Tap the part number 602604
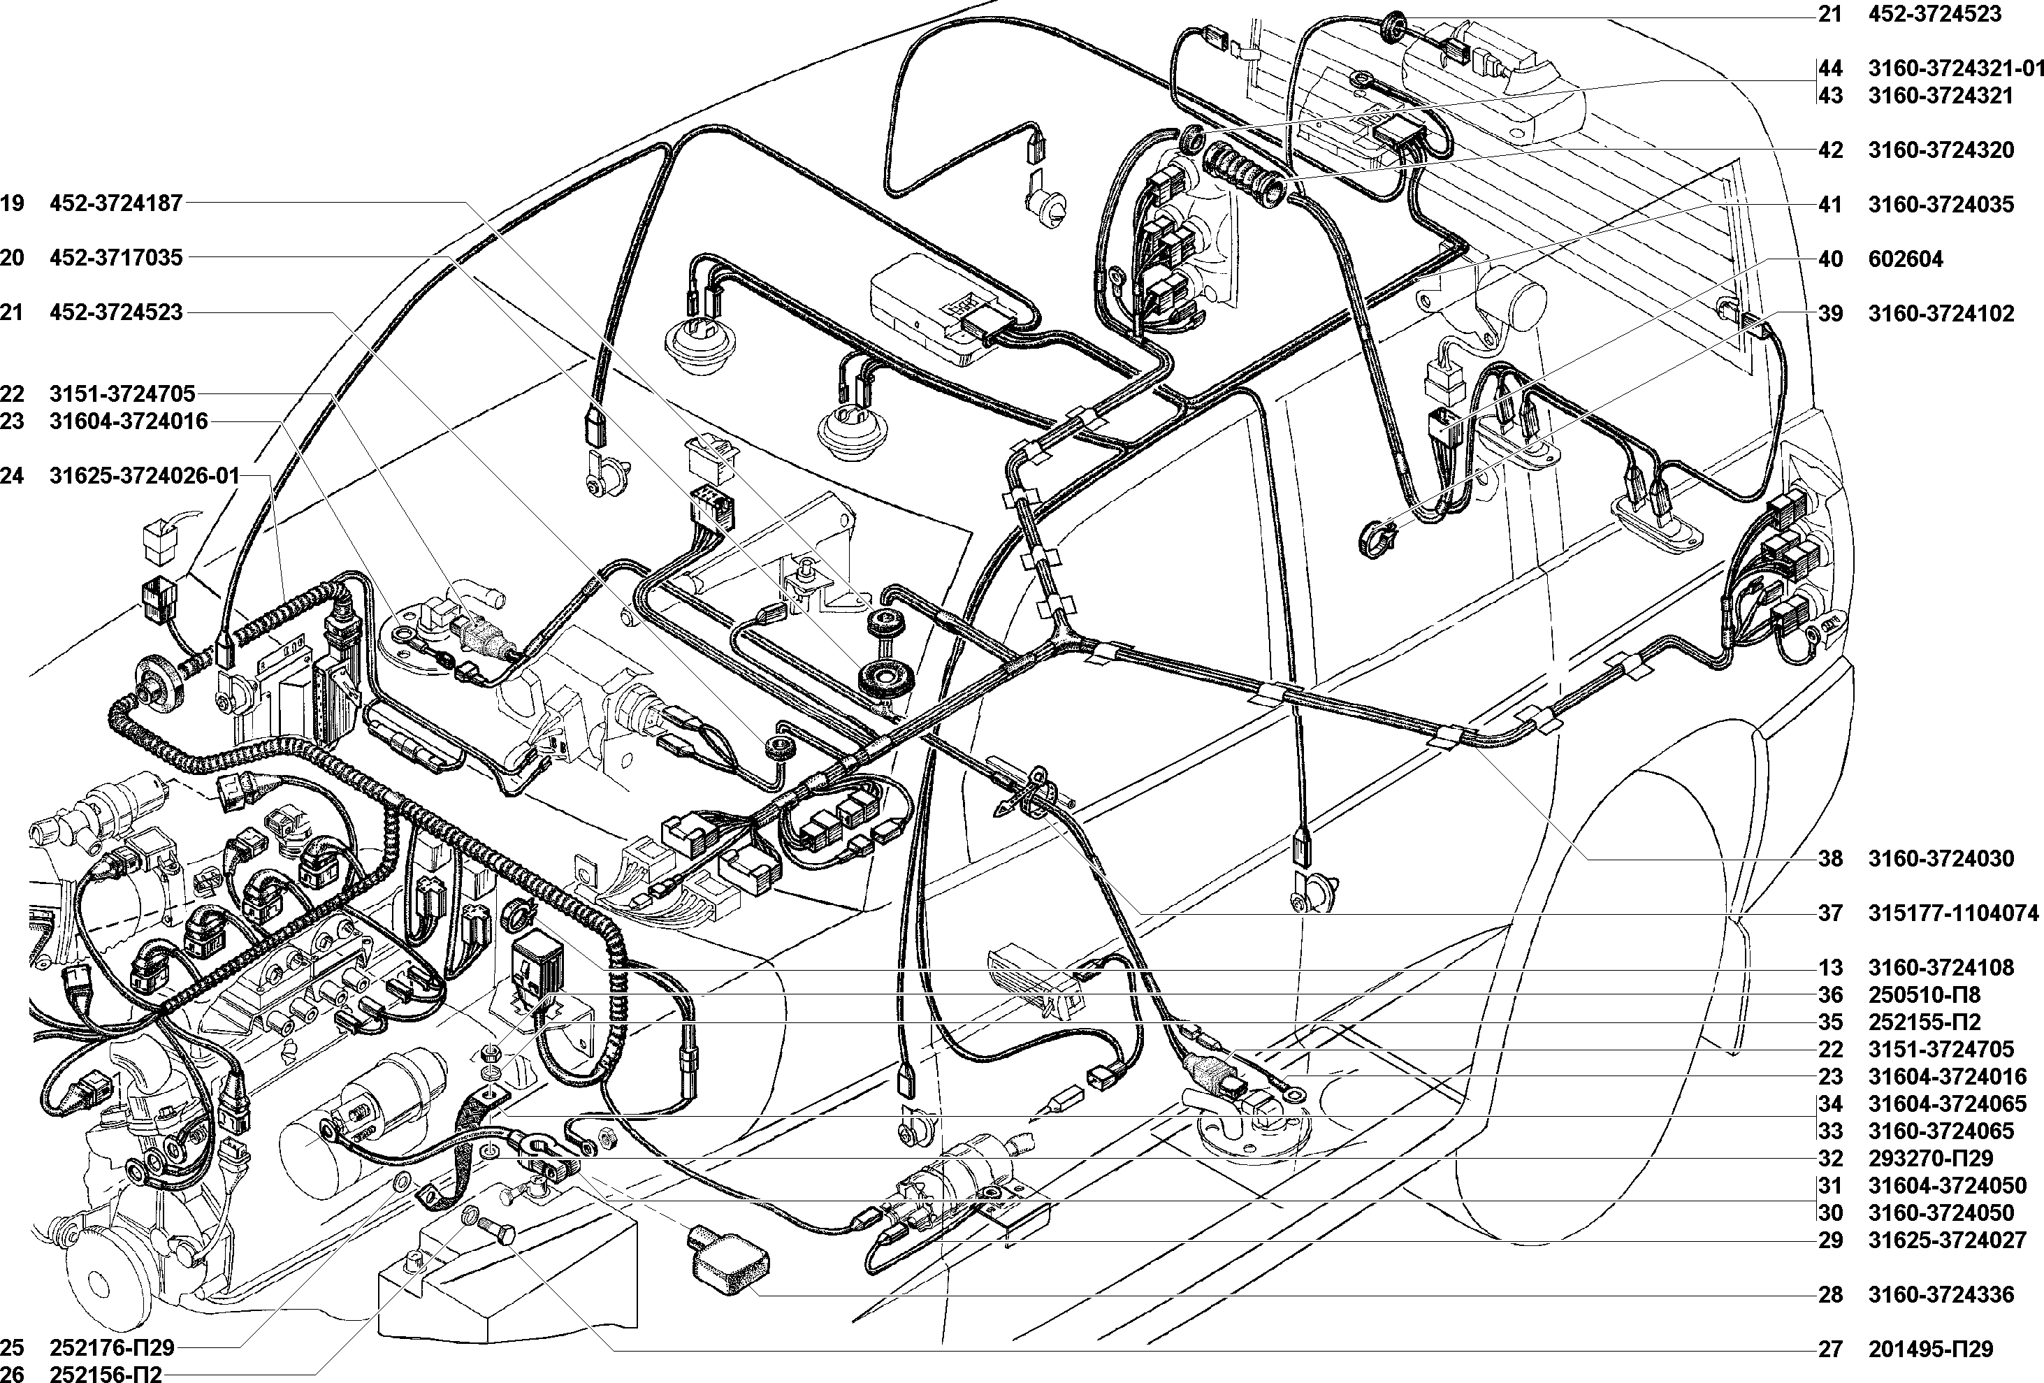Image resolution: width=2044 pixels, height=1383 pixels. tap(1904, 259)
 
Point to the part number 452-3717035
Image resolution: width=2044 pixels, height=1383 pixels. tap(116, 257)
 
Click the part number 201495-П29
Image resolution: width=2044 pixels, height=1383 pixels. tap(1931, 1349)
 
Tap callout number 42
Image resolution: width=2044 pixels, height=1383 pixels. tap(1830, 150)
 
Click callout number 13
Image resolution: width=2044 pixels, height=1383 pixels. tap(1830, 968)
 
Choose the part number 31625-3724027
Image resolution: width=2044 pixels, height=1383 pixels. tap(1948, 1240)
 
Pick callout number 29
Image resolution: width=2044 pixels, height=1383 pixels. tap(1830, 1240)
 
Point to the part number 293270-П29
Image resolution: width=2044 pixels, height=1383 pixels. tap(1931, 1158)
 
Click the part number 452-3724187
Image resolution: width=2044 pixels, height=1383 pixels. tap(116, 203)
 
